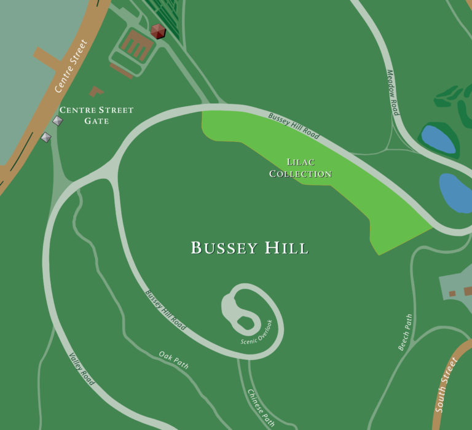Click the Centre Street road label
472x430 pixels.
point(73,66)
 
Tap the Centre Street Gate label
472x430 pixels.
point(96,115)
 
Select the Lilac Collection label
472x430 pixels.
point(301,168)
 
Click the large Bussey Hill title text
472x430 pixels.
point(250,248)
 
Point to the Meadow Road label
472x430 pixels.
point(393,92)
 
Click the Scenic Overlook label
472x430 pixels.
point(256,332)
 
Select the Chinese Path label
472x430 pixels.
point(261,407)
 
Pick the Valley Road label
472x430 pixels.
point(82,369)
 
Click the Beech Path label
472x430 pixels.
point(405,332)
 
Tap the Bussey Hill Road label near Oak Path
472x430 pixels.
point(165,310)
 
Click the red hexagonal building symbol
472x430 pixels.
point(159,31)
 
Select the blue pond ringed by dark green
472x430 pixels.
point(437,138)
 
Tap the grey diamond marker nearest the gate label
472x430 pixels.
point(58,121)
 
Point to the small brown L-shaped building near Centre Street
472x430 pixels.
point(96,92)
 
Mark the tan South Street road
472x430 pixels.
point(455,369)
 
